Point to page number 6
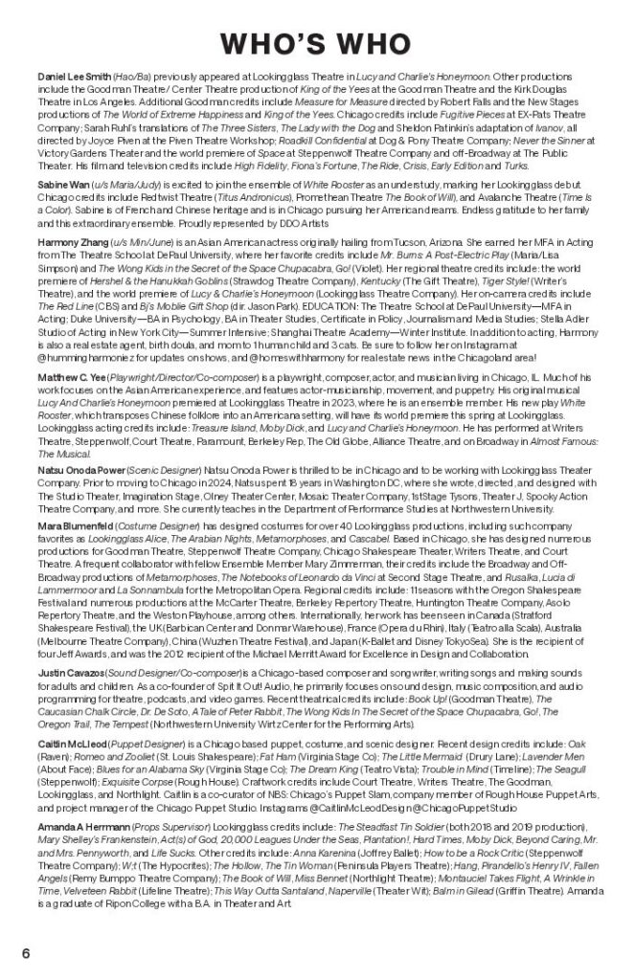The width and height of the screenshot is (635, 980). tap(28, 953)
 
